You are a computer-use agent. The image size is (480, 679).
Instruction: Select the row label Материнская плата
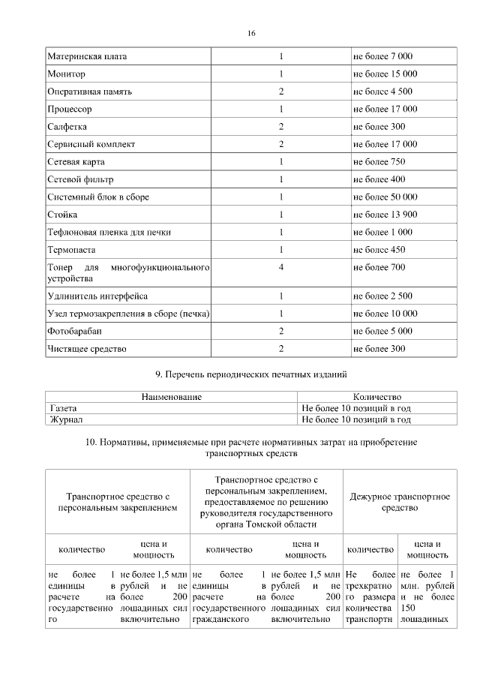[x=87, y=57]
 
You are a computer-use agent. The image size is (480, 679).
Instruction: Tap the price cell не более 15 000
[x=385, y=74]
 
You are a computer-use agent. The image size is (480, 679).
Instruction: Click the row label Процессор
[x=70, y=109]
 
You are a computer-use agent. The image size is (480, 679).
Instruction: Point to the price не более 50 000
[x=385, y=197]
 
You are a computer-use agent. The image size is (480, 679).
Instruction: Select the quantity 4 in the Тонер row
[x=280, y=267]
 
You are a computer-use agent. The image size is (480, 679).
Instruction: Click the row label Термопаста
[x=72, y=249]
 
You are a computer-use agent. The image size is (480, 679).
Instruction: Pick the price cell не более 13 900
[x=385, y=215]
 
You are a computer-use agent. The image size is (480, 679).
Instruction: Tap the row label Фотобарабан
[x=74, y=331]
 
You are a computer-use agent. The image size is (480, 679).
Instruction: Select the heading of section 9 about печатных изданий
[x=250, y=374]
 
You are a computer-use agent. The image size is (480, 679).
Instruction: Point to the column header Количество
[x=376, y=397]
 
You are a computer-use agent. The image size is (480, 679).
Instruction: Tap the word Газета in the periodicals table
[x=64, y=408]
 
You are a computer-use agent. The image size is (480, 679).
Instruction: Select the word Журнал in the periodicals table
[x=66, y=419]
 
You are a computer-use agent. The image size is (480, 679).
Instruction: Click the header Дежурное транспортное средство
[x=400, y=502]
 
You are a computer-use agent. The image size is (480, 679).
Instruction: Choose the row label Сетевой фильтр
[x=79, y=179]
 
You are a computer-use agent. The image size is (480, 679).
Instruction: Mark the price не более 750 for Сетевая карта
[x=379, y=161]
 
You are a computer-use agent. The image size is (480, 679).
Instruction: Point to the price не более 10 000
[x=385, y=314]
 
